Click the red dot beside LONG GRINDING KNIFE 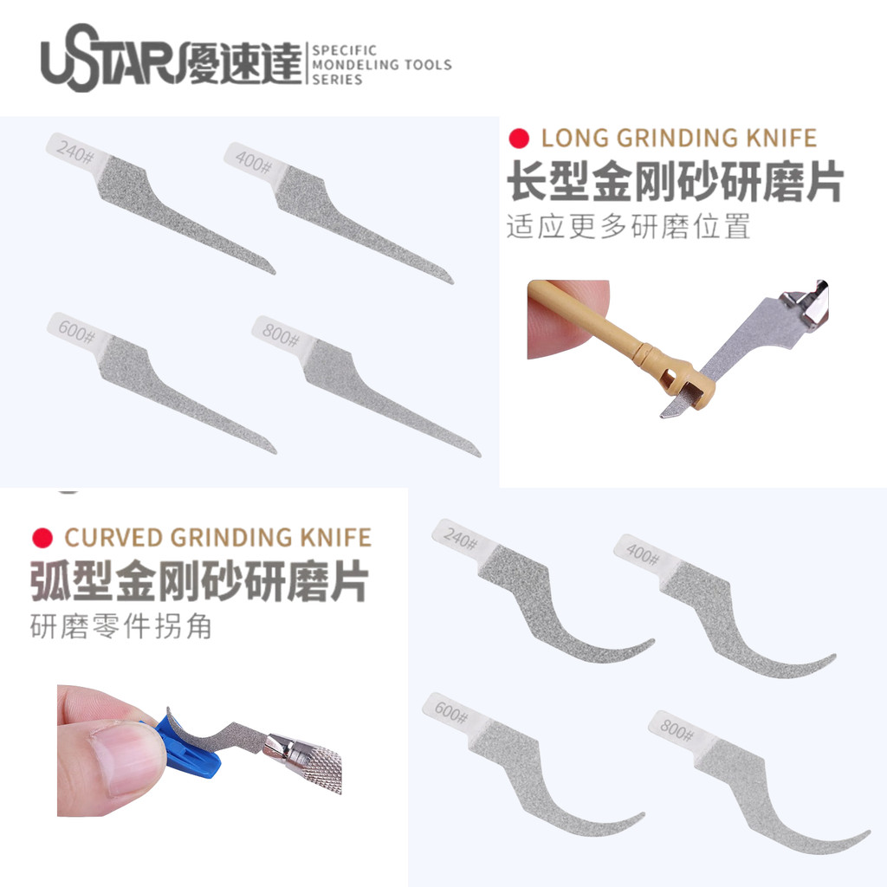coord(519,139)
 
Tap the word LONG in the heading coord(573,139)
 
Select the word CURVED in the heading coord(114,537)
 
